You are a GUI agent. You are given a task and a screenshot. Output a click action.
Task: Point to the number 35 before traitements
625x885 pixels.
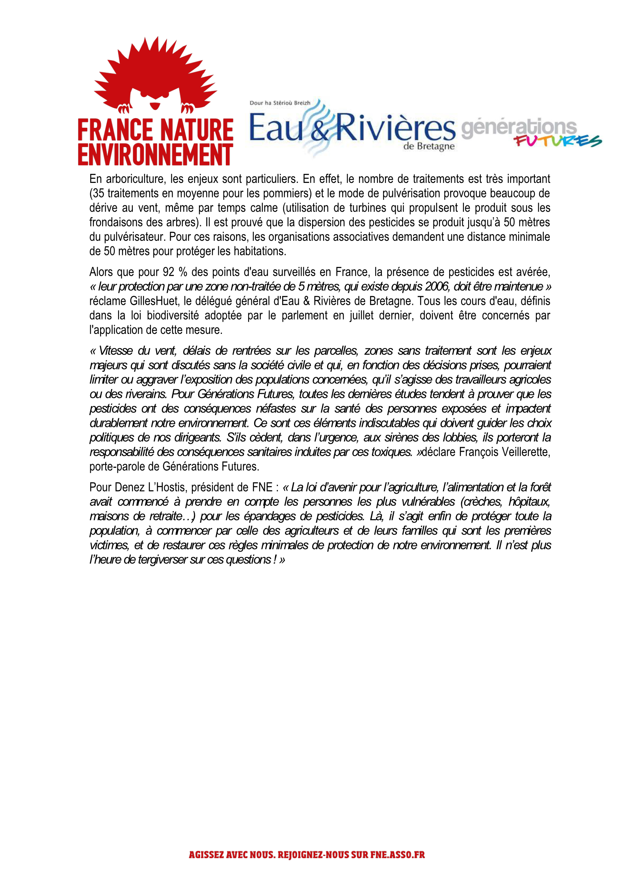[x=97, y=194]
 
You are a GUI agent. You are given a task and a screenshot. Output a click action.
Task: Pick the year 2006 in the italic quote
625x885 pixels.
[x=437, y=286]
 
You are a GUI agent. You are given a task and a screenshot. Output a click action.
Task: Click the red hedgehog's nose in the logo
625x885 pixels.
[x=156, y=105]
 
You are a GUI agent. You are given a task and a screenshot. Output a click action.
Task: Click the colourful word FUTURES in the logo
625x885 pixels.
[x=558, y=141]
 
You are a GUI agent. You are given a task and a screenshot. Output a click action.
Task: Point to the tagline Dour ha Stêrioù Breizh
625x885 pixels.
[x=280, y=103]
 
